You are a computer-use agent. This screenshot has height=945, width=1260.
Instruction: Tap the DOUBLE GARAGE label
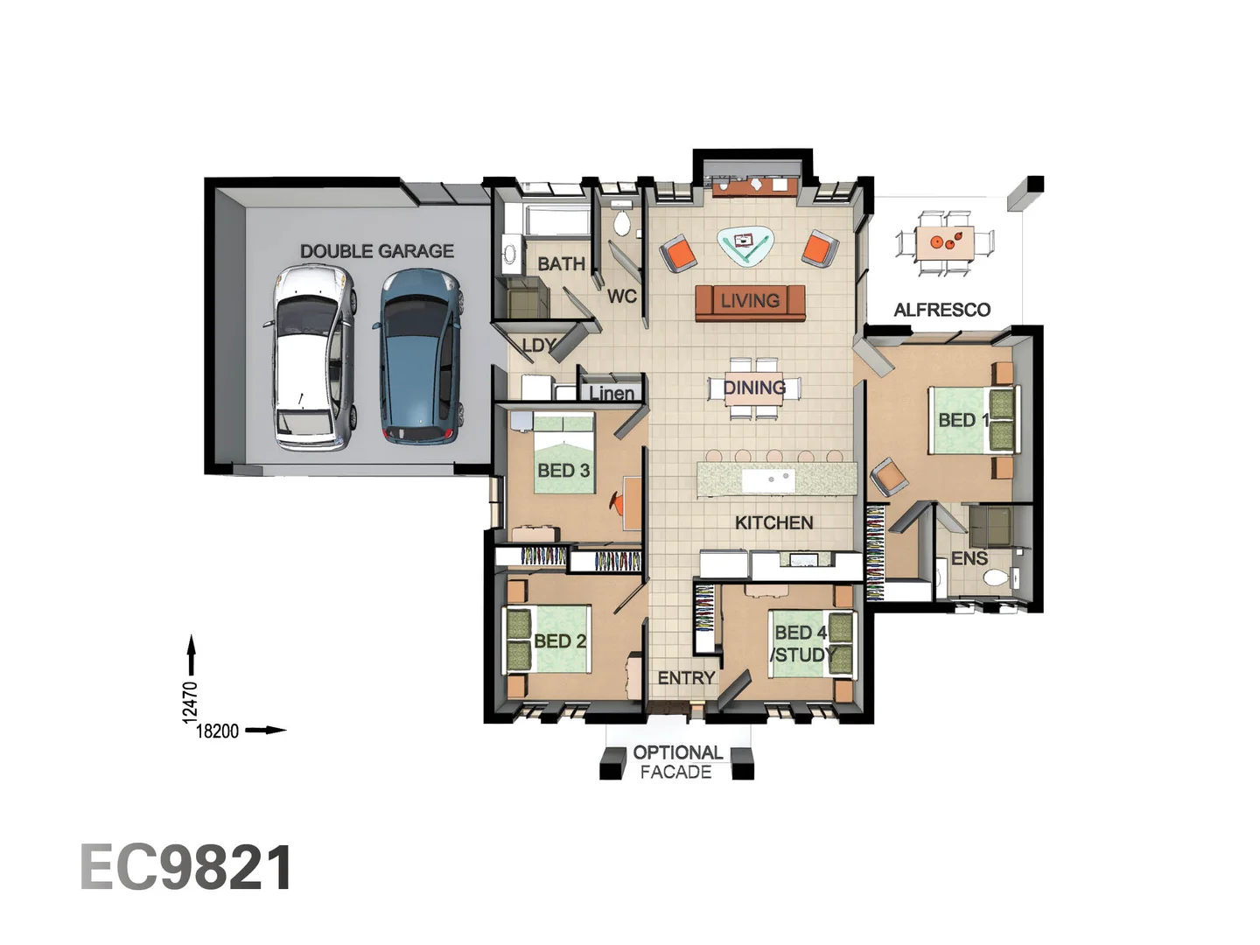click(377, 251)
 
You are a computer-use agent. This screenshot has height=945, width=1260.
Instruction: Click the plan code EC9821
click(186, 868)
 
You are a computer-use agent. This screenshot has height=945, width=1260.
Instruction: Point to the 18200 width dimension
click(216, 731)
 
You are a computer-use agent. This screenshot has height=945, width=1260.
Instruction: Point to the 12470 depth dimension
click(190, 702)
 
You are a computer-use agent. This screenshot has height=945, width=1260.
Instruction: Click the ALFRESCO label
click(941, 310)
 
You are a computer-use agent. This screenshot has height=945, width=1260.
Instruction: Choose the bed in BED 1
click(971, 420)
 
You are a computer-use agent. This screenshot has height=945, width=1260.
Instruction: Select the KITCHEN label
click(773, 522)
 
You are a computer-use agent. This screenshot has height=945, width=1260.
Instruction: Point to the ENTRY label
click(686, 678)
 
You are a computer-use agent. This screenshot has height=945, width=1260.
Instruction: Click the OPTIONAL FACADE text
click(677, 762)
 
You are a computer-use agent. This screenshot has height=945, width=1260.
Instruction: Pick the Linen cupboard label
click(612, 393)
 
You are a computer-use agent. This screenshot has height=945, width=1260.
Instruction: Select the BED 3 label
click(563, 471)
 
